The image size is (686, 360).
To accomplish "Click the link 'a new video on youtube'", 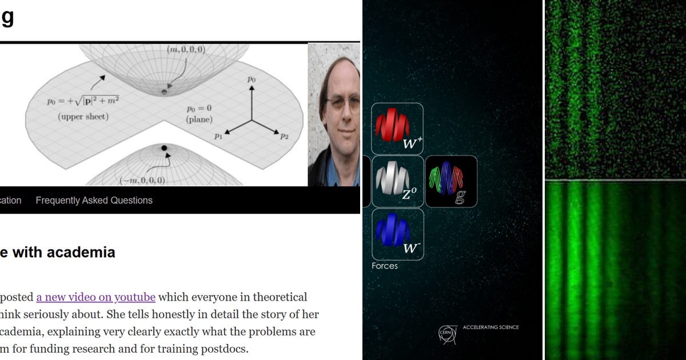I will pos(95,297).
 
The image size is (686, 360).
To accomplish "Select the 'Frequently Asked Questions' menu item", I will pos(94,201).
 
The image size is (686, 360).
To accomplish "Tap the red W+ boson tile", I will pos(397,129).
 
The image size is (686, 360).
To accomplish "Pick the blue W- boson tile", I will pos(397,234).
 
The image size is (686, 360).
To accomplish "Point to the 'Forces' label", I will pos(385,266).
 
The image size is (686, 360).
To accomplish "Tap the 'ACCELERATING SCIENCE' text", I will pos(490,327).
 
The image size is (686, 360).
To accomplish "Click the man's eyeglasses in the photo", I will pos(343,102).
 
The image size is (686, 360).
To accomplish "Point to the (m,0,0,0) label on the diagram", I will pos(186,50).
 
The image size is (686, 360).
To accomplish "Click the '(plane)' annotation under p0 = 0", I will pos(199,119).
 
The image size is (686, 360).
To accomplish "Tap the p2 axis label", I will pos(284,136).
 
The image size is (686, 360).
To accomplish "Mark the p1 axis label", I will pos(218,136).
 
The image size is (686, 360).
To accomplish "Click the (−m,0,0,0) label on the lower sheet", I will pos(142,181).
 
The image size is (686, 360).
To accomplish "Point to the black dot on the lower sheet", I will pos(164,148).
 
